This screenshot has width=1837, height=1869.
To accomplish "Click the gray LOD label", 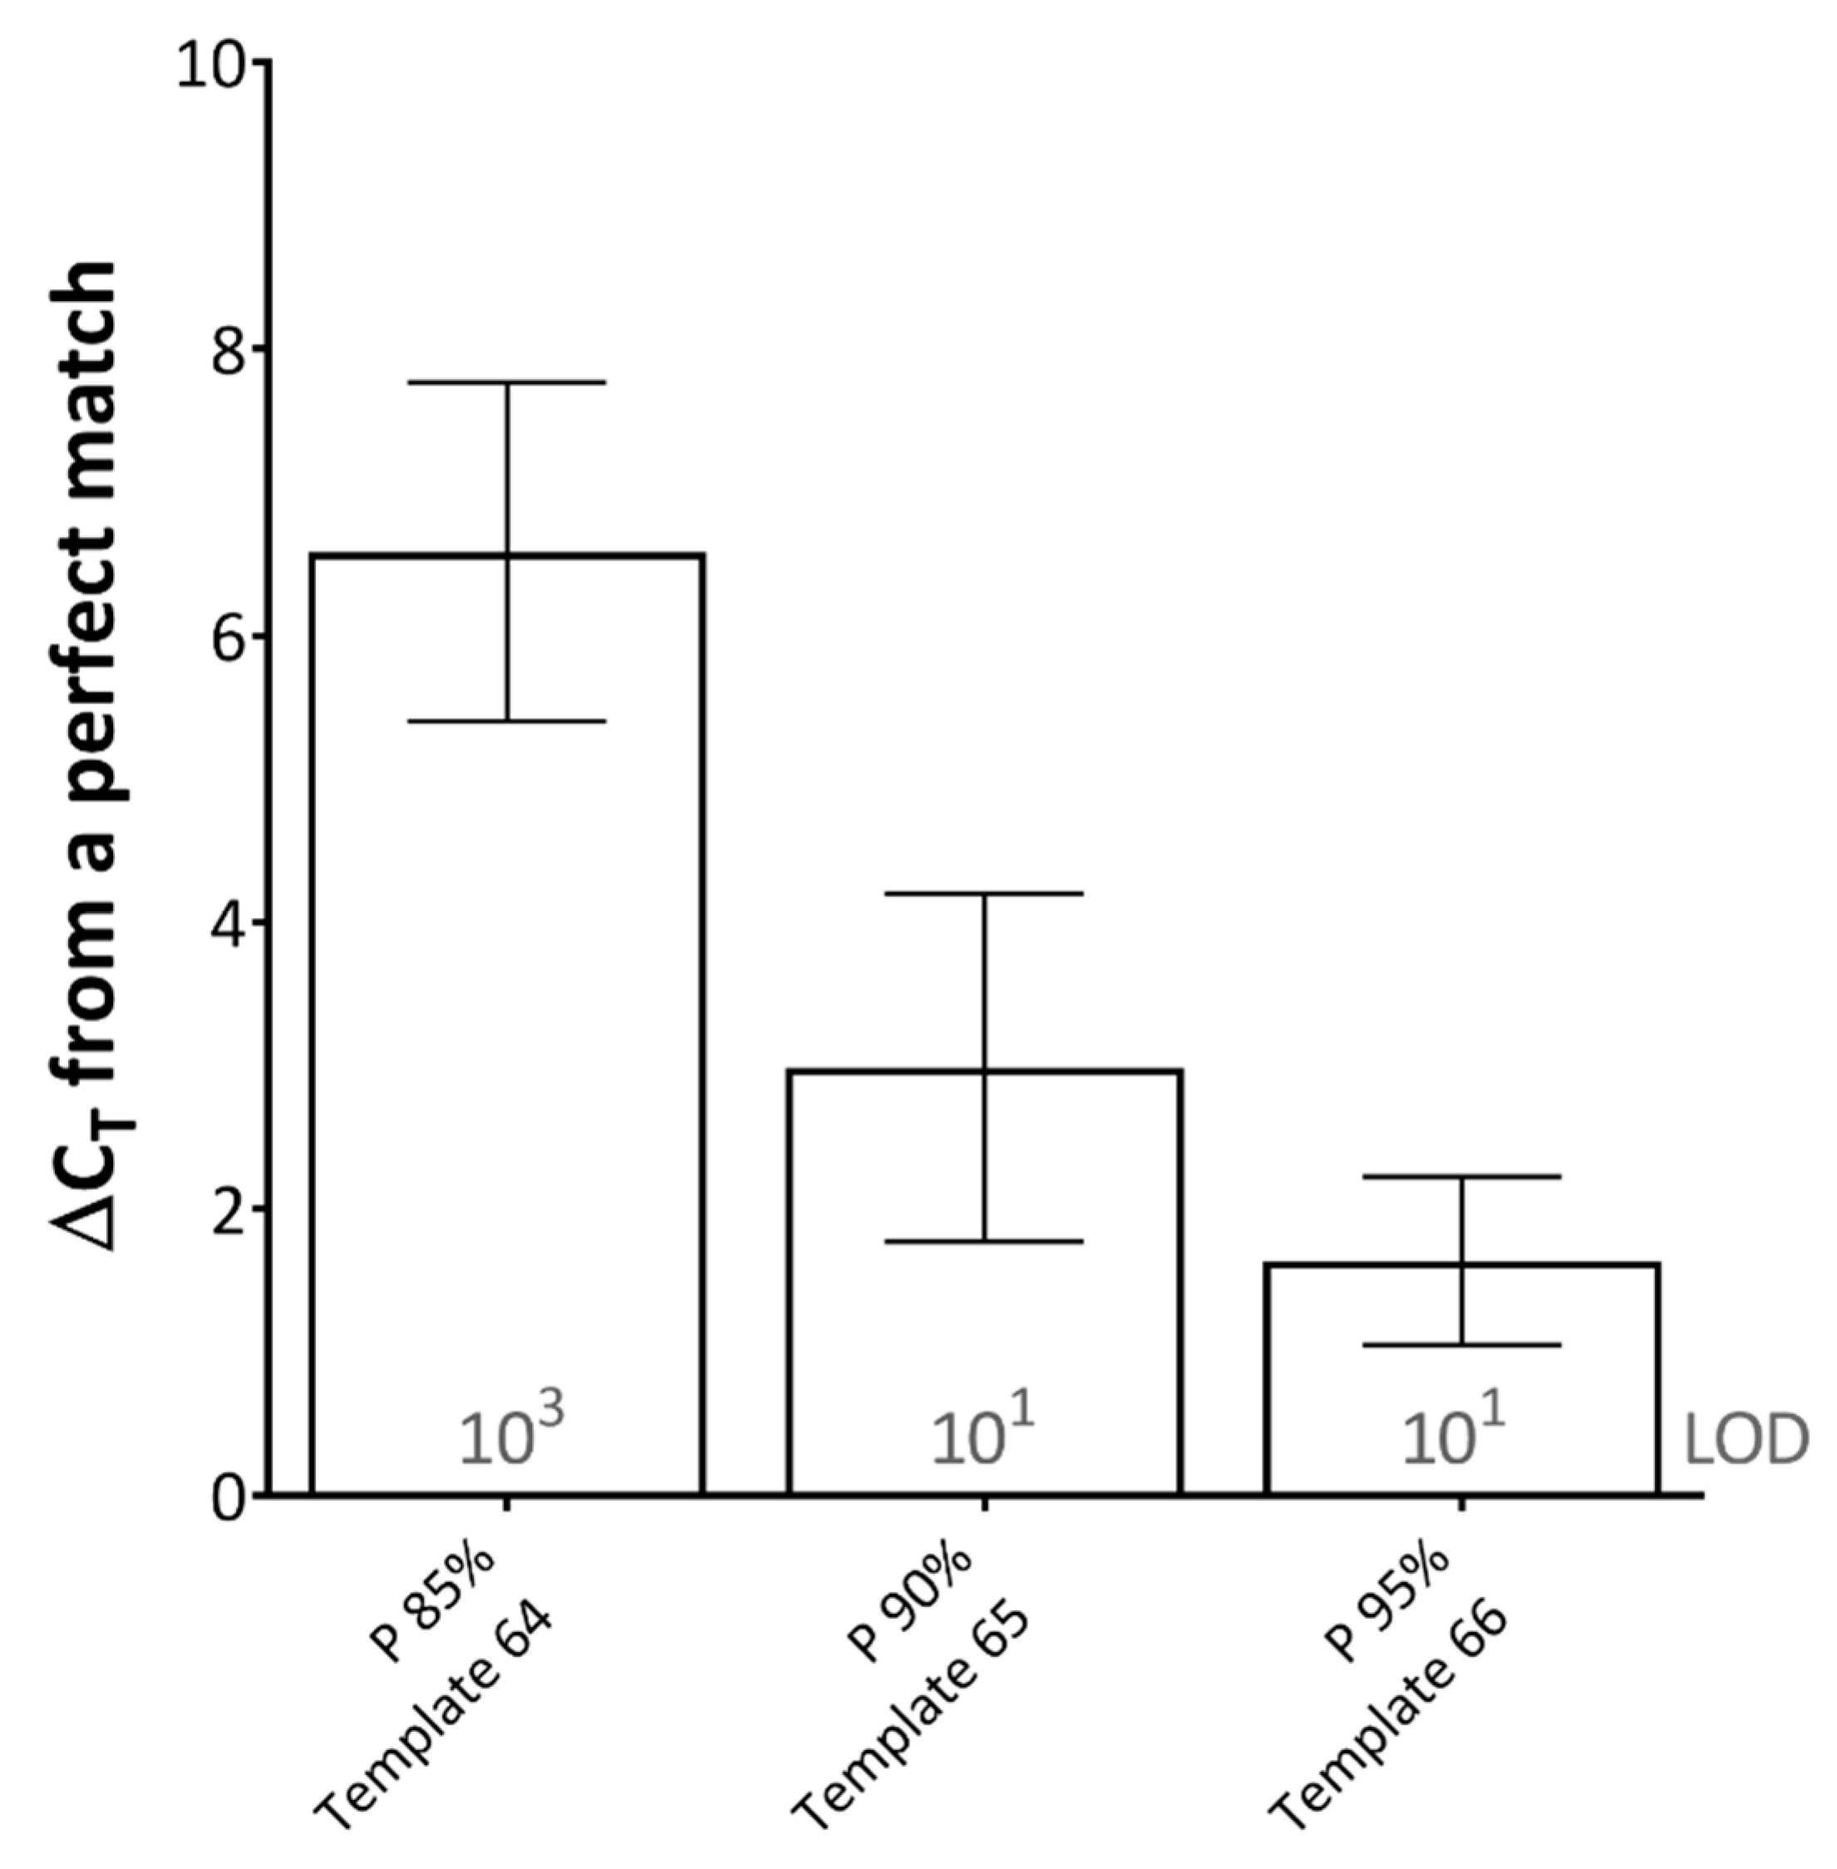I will coord(1745,1441).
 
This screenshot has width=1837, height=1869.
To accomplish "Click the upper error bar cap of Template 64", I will coord(506,383).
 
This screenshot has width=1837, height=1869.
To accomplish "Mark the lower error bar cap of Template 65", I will coord(984,1242).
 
